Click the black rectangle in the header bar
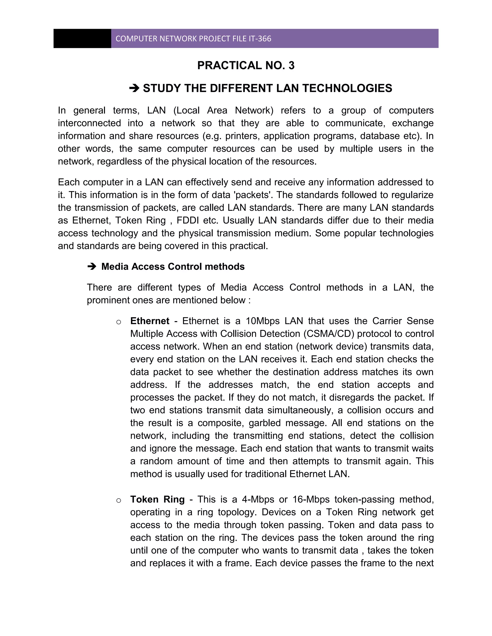pos(82,38)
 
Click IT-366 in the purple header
pos(260,39)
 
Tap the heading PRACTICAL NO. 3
pos(246,66)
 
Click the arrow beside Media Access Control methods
pos(92,266)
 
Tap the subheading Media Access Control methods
pos(173,266)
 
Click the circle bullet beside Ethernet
pos(119,322)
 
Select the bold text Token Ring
pos(157,499)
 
